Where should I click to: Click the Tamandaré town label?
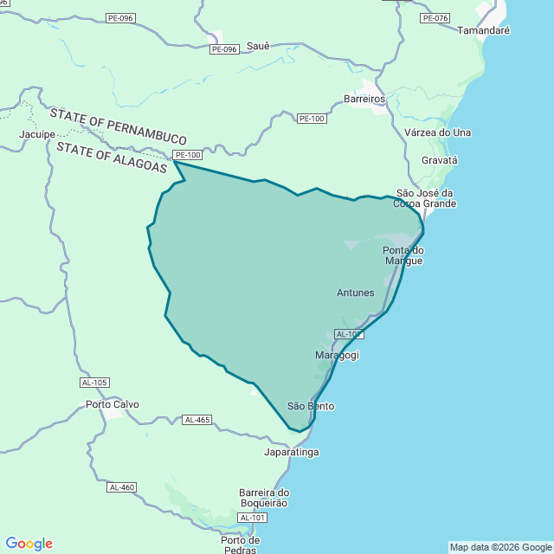483,29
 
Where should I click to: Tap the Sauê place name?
259,45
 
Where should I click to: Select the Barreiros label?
364,99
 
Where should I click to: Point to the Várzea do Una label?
438,132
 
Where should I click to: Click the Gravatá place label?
439,160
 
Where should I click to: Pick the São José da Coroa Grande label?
425,198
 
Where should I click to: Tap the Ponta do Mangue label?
403,254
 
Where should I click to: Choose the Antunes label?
356,293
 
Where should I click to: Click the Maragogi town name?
337,355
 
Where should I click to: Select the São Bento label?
311,406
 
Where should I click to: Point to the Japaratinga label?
292,452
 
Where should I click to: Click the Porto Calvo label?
113,404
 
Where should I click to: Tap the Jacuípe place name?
37,134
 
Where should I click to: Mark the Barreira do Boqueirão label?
264,499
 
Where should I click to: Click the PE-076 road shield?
435,18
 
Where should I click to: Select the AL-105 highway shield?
93,383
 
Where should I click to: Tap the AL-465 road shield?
197,420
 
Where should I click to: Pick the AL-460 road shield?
122,487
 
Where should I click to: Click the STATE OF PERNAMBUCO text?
119,126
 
